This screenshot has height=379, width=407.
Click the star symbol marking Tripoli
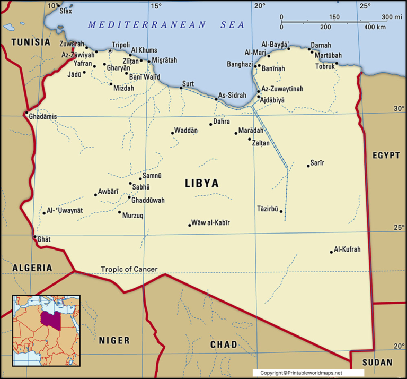click(110, 51)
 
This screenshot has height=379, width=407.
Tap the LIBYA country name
click(201, 184)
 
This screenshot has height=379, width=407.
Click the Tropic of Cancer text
click(129, 269)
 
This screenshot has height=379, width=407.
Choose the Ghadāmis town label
click(43, 116)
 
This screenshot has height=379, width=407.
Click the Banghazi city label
click(240, 64)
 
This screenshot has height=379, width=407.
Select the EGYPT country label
click(386, 156)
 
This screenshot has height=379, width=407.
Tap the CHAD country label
click(224, 344)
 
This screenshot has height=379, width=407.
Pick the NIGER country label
click(114, 340)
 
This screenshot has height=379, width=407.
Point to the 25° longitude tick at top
click(365, 6)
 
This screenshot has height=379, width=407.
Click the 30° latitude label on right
click(399, 108)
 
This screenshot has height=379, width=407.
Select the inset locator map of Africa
click(46, 330)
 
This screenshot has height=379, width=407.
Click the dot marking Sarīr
click(308, 166)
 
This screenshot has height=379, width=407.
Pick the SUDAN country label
click(377, 363)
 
